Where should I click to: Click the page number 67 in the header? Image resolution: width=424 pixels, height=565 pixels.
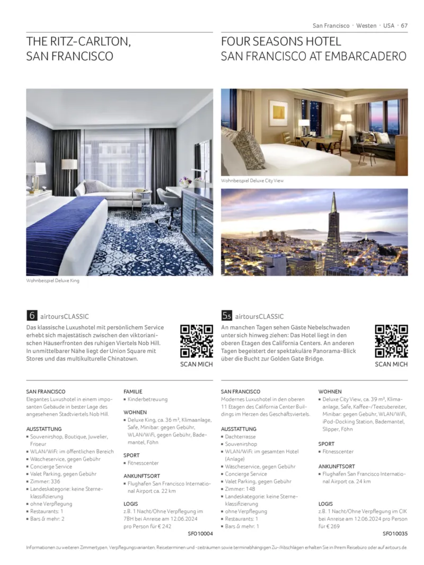404,25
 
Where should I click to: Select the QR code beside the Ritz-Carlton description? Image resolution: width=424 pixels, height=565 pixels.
197,341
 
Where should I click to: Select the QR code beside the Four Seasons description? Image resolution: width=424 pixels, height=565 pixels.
391,341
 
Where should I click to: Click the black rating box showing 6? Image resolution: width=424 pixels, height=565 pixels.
32,316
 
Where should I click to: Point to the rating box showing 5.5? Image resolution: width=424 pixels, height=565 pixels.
226,316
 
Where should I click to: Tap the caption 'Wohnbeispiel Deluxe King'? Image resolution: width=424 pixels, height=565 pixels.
53,281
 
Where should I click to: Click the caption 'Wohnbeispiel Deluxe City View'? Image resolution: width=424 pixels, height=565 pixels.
252,181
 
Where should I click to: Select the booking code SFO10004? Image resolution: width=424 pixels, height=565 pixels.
200,534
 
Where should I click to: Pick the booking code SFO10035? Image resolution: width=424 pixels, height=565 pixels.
395,534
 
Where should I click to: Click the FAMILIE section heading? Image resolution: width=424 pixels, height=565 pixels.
133,391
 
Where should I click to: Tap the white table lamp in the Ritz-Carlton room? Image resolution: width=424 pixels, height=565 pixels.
37,172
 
